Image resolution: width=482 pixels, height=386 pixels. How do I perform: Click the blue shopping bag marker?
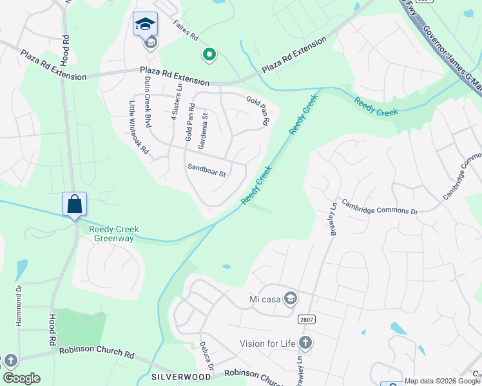click(75, 204)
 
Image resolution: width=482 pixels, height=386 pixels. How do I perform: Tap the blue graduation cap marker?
click(145, 24)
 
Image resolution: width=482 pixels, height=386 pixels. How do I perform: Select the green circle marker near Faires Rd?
click(209, 55)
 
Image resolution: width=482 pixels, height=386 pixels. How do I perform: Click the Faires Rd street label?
click(186, 31)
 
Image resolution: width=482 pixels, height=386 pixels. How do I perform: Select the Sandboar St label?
click(206, 172)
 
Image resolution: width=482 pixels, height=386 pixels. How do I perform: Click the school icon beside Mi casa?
click(291, 298)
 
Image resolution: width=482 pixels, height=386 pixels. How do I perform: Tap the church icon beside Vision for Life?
click(305, 343)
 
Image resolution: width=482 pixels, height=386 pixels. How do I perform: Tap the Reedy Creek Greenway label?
click(114, 234)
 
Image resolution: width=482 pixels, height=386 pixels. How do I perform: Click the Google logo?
click(21, 378)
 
